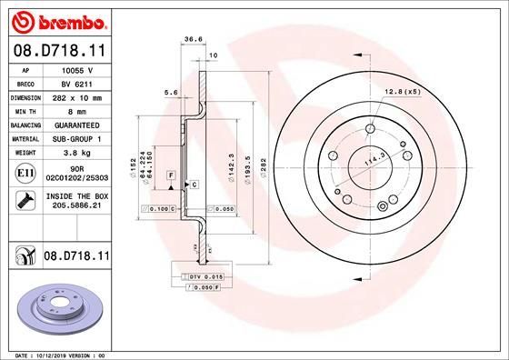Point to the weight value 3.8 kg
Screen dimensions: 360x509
(x=72, y=154)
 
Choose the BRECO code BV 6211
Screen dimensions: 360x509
(x=73, y=83)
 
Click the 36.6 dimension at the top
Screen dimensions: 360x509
(x=193, y=39)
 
